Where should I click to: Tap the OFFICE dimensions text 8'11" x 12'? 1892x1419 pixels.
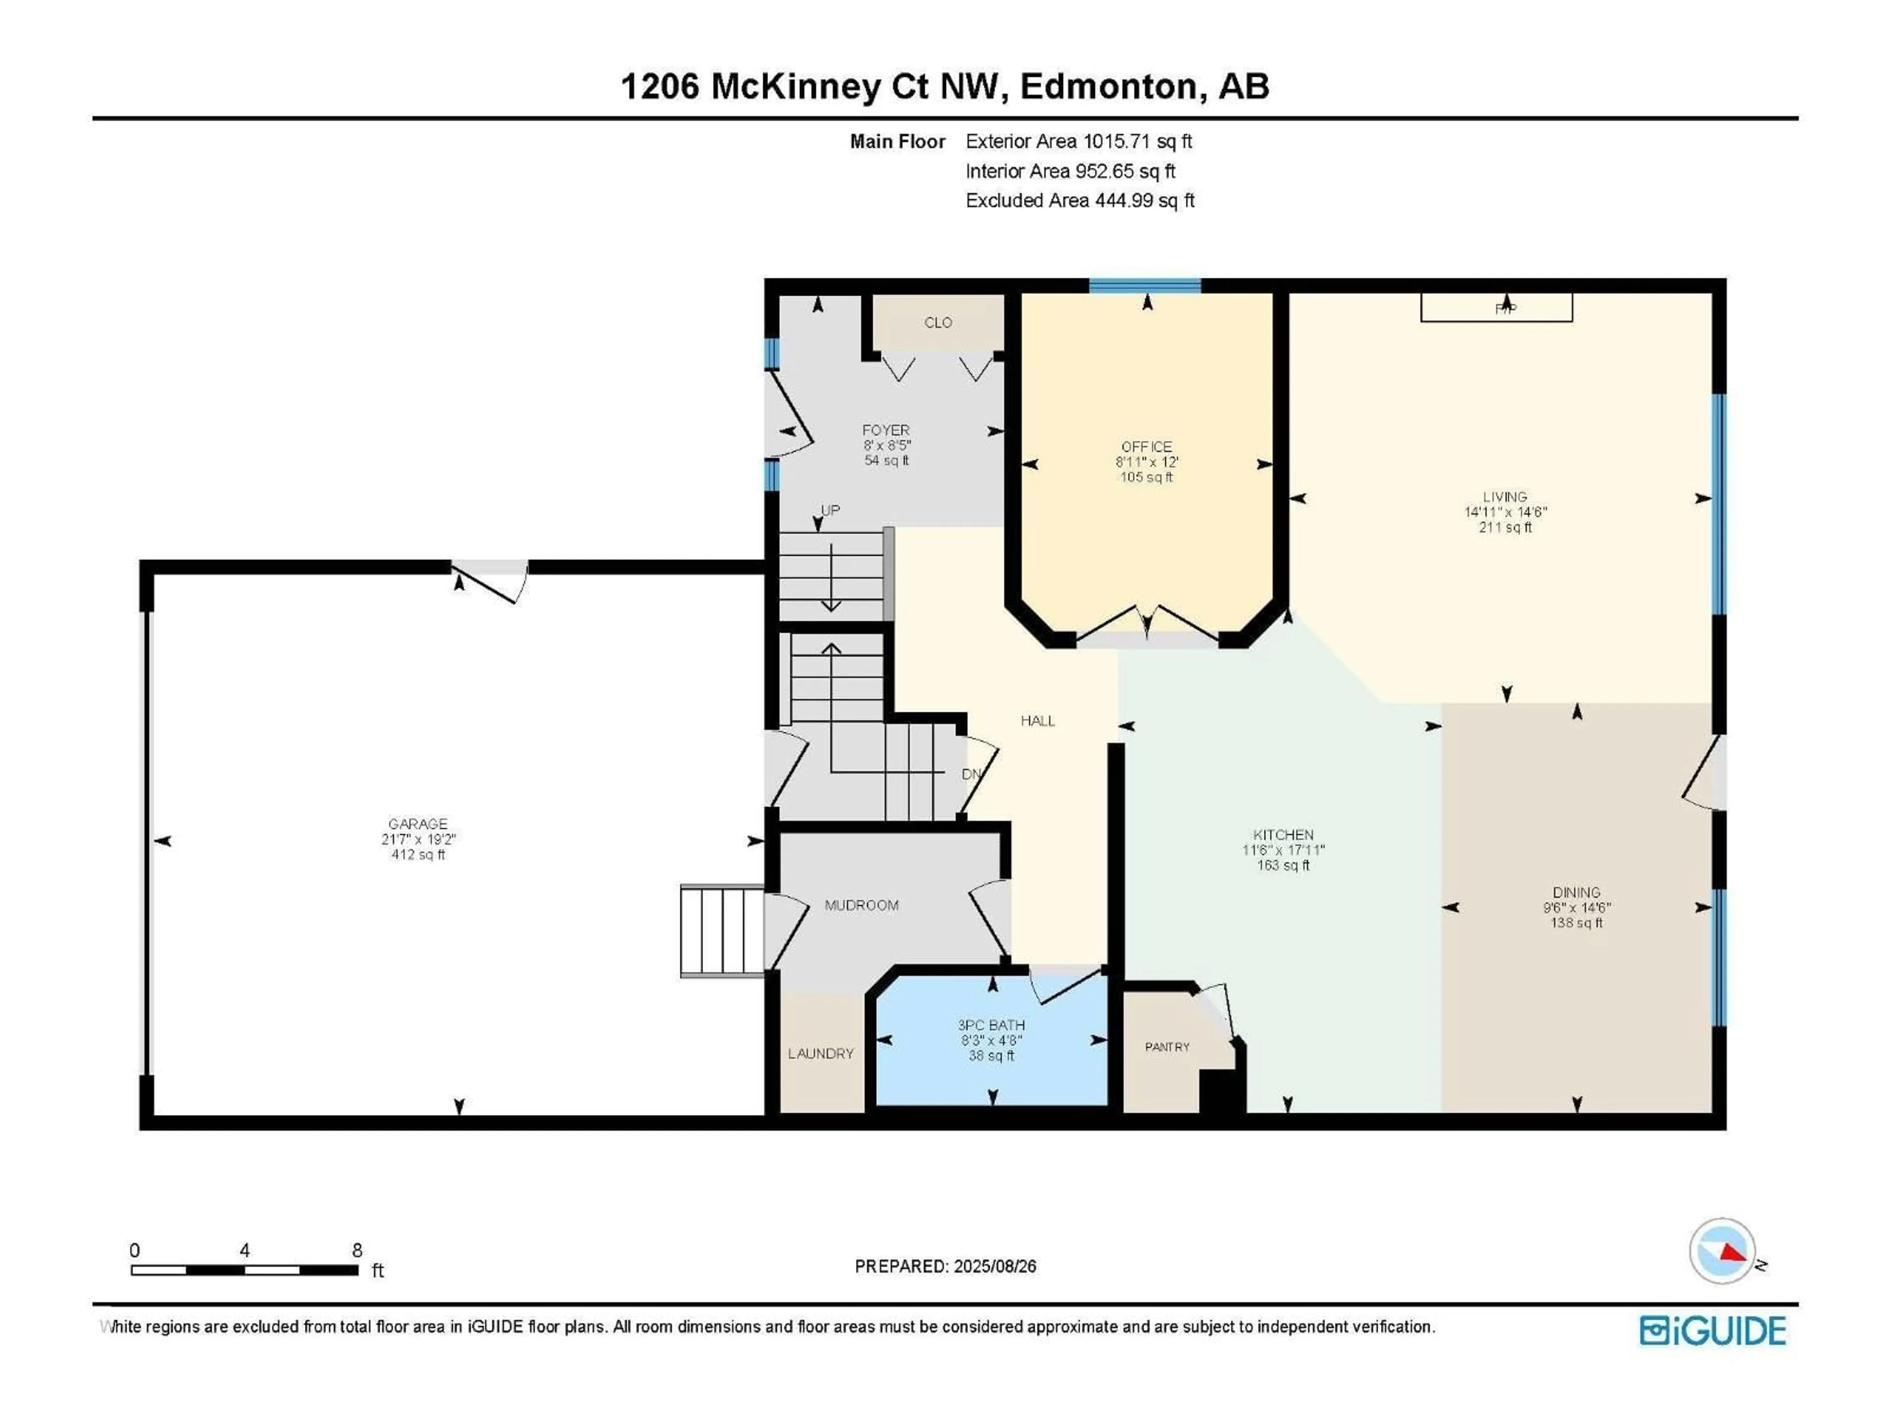[1146, 462]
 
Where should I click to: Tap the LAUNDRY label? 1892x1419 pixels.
[820, 1054]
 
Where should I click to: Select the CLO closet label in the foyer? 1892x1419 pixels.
[938, 322]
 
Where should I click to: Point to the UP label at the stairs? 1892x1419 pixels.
[830, 510]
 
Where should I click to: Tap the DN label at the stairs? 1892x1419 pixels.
[971, 774]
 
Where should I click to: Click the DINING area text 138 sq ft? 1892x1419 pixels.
[1576, 923]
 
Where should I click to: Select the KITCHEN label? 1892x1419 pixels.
[1283, 834]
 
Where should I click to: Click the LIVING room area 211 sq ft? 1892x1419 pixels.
[1505, 528]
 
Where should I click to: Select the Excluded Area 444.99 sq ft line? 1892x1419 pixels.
[1080, 200]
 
